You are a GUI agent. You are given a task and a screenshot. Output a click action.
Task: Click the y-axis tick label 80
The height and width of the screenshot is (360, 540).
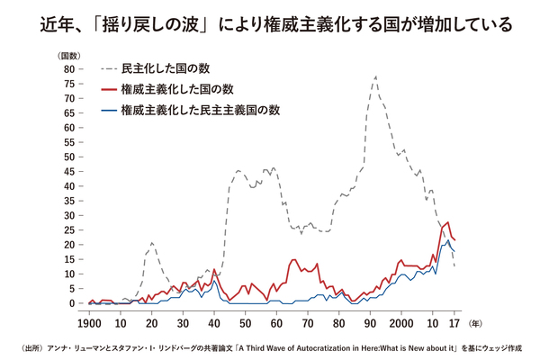click(x=67, y=68)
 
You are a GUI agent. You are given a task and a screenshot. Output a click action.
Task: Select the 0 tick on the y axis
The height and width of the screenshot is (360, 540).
click(x=69, y=303)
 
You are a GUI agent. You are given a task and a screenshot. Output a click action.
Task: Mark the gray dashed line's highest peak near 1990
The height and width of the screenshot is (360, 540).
click(x=375, y=76)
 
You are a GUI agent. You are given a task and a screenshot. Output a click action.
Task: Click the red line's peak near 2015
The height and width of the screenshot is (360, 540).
click(x=447, y=221)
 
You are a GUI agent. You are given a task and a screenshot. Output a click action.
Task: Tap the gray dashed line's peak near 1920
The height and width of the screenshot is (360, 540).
click(x=152, y=243)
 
